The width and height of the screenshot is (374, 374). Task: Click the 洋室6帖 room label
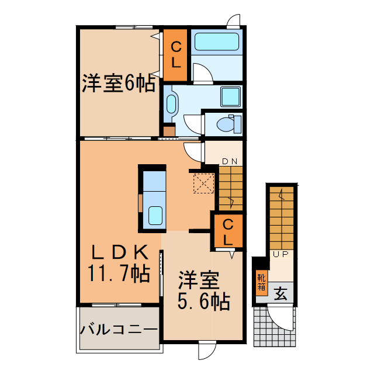tap(118, 84)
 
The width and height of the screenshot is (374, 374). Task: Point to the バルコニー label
tap(119, 329)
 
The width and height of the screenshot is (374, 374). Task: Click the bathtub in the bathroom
tap(217, 42)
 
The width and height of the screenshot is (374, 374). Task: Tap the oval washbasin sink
tap(171, 104)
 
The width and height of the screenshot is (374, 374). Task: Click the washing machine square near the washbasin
tap(230, 96)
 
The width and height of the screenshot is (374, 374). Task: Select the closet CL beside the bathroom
tap(176, 54)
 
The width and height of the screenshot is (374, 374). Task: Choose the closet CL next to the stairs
tap(227, 231)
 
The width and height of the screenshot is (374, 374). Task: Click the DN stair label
tap(230, 161)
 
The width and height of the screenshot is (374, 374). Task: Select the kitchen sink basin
tap(155, 216)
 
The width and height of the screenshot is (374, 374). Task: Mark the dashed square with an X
tap(203, 183)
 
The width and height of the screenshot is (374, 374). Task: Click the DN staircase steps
tap(230, 187)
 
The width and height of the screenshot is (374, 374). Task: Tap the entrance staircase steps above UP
tap(283, 219)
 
